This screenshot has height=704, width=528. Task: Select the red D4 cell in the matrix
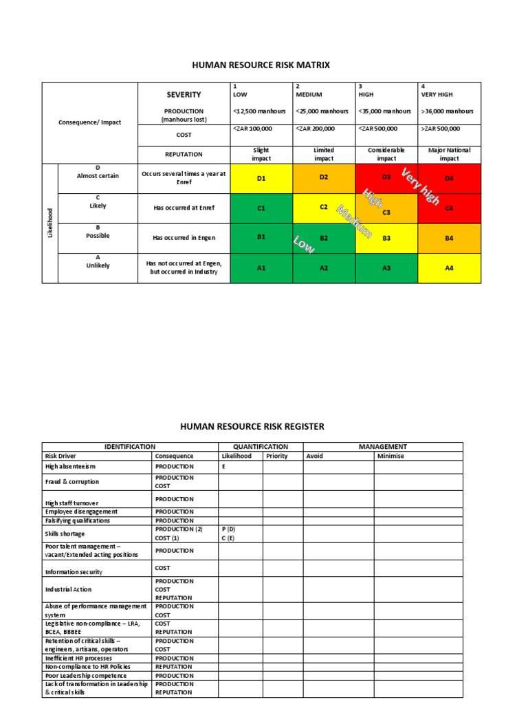pos(449,179)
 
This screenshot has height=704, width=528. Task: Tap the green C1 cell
pos(261,208)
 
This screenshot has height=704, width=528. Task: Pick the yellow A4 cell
pos(449,268)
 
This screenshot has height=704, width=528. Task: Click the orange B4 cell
pos(449,239)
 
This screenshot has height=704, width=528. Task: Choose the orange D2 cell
pos(324,177)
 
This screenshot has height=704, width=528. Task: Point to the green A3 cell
pos(386,268)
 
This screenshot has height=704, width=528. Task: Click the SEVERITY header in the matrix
pos(184,94)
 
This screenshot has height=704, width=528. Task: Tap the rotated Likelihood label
pos(49,223)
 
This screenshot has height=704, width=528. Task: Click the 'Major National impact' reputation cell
pos(449,154)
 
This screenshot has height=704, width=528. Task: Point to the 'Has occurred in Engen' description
pos(184,239)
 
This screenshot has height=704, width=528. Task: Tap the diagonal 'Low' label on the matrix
pos(303,243)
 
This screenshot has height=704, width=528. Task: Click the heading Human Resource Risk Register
pos(252,426)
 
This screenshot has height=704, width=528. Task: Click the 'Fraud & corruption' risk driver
pos(72,481)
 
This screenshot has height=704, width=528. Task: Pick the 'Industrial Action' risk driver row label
pos(68,589)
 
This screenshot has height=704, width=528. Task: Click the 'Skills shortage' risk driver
pos(65,533)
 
